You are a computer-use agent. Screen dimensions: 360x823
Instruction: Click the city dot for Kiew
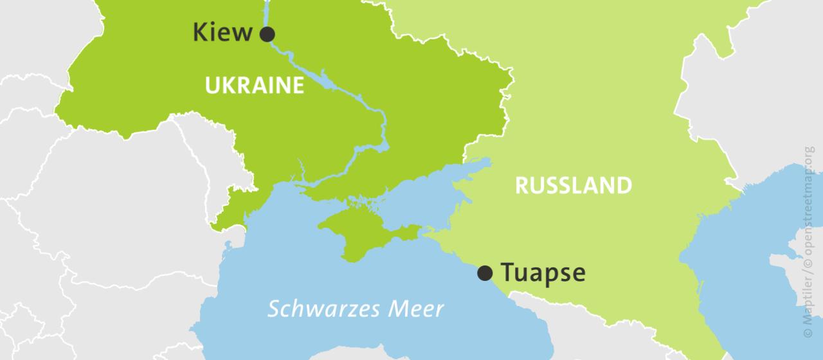tap(267, 34)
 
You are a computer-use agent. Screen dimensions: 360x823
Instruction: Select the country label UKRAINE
tap(254, 85)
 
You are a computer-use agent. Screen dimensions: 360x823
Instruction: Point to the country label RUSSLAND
tap(574, 186)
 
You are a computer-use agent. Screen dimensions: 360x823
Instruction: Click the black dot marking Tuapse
tap(485, 273)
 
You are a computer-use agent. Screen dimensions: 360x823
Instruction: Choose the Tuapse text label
tap(543, 273)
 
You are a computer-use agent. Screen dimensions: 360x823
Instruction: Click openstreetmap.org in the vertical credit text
tap(808, 206)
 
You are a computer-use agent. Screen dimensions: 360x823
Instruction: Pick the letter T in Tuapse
tap(507, 273)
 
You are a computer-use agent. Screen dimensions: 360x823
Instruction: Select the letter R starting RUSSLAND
tap(521, 186)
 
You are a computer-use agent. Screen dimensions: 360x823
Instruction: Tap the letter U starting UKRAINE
tap(211, 85)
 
